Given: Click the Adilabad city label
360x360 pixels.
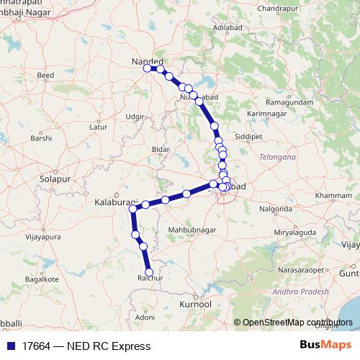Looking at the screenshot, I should tap(225, 27).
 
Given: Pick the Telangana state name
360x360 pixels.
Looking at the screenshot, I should tap(277, 156).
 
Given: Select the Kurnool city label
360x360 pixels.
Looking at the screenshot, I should tap(195, 305).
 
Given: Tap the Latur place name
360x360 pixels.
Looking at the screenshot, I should tap(97, 127).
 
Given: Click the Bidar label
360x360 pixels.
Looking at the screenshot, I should tap(161, 150).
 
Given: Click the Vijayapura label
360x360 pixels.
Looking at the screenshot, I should tap(41, 235).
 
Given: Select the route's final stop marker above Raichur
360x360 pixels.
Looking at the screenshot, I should tap(150, 272).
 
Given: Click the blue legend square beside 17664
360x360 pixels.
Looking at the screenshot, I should tap(12, 346).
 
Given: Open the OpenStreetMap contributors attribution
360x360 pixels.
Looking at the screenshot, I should tap(297, 323).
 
